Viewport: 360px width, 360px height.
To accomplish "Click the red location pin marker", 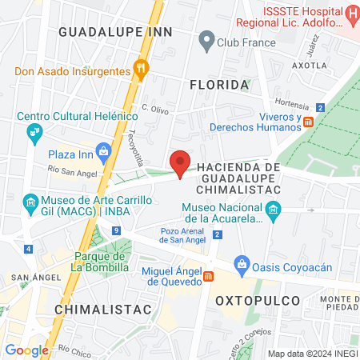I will click(x=180, y=163).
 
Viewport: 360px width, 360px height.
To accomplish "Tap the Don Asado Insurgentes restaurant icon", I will click(x=141, y=70).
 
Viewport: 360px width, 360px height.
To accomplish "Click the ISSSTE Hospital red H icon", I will click(x=351, y=14).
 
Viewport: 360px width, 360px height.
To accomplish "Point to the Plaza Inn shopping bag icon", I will click(x=103, y=150).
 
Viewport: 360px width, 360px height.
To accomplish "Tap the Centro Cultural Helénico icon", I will click(x=33, y=131).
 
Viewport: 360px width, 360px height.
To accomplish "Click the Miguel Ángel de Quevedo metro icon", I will click(x=209, y=276).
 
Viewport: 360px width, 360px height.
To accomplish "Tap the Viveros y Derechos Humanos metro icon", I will click(x=308, y=122).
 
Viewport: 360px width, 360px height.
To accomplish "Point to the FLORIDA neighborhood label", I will click(x=218, y=84).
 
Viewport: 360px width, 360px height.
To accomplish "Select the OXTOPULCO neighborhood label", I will click(x=258, y=300).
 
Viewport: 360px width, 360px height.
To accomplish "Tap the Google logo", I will click(x=26, y=350).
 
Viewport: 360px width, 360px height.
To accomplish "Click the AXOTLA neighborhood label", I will click(x=310, y=65).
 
